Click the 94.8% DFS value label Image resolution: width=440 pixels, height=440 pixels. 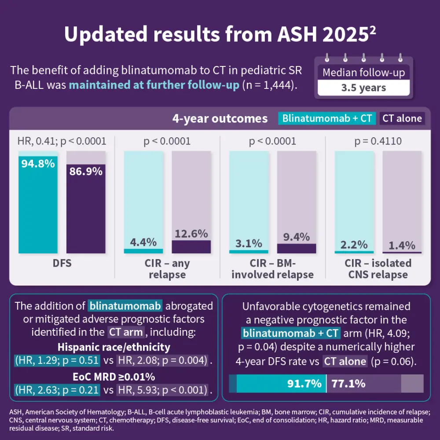coord(37,164)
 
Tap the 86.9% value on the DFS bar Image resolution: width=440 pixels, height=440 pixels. coord(86,171)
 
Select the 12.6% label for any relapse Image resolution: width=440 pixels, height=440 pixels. coord(191,234)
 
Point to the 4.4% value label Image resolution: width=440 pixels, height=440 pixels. coord(143,242)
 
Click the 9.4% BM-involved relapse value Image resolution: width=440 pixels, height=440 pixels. coord(296,237)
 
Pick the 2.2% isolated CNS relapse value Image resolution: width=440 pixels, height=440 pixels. coord(354,245)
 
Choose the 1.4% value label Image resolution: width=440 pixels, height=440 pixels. coord(402,246)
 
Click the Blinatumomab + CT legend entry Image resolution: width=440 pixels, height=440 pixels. coord(327,118)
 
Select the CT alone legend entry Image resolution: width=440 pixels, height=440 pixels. coord(402,118)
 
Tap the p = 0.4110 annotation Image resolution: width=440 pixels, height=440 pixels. coord(378,141)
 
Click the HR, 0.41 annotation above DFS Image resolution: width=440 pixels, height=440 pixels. coord(62,141)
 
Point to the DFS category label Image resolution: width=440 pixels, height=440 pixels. coord(62,264)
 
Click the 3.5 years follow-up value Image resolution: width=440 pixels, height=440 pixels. coord(363,88)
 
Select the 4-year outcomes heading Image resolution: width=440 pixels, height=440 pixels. coord(220,118)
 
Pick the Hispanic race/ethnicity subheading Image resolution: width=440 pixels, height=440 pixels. coord(114,347)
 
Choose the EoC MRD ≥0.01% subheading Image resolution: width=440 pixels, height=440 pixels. coord(114,377)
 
